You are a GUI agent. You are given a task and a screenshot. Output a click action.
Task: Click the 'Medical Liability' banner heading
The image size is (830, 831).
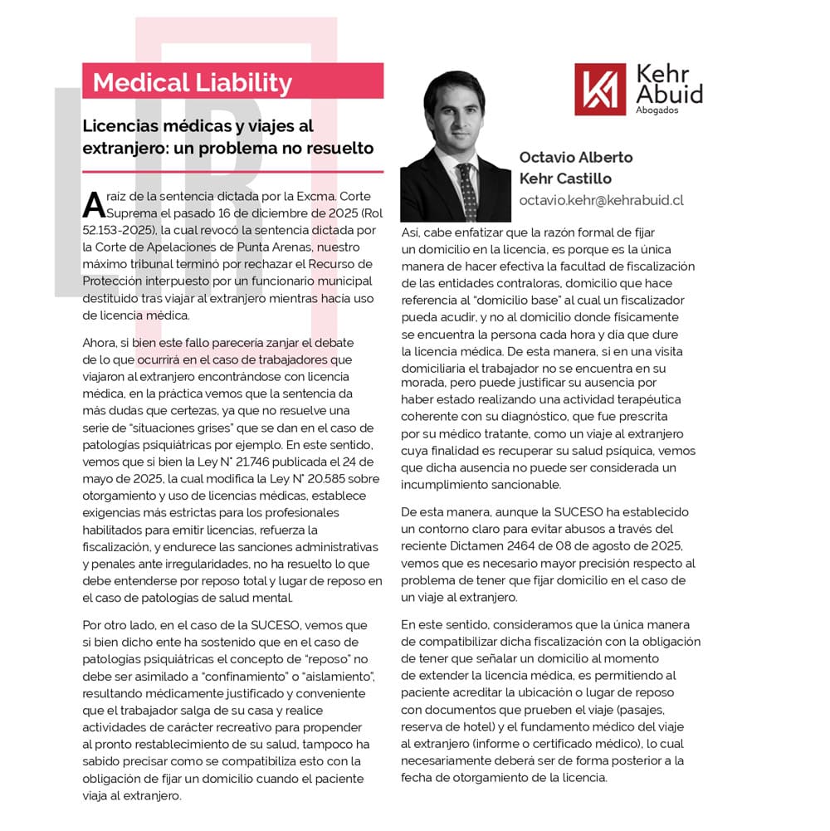pyautogui.click(x=192, y=83)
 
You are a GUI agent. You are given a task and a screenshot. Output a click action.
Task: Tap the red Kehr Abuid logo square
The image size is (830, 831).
pyautogui.click(x=599, y=89)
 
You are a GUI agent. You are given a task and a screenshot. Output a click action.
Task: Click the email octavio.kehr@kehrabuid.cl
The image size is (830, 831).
pyautogui.click(x=601, y=200)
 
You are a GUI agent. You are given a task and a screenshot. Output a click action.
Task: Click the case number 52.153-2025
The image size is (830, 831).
pyautogui.click(x=120, y=230)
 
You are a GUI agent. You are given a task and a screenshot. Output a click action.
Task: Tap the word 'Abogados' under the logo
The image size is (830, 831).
pyautogui.click(x=656, y=110)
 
